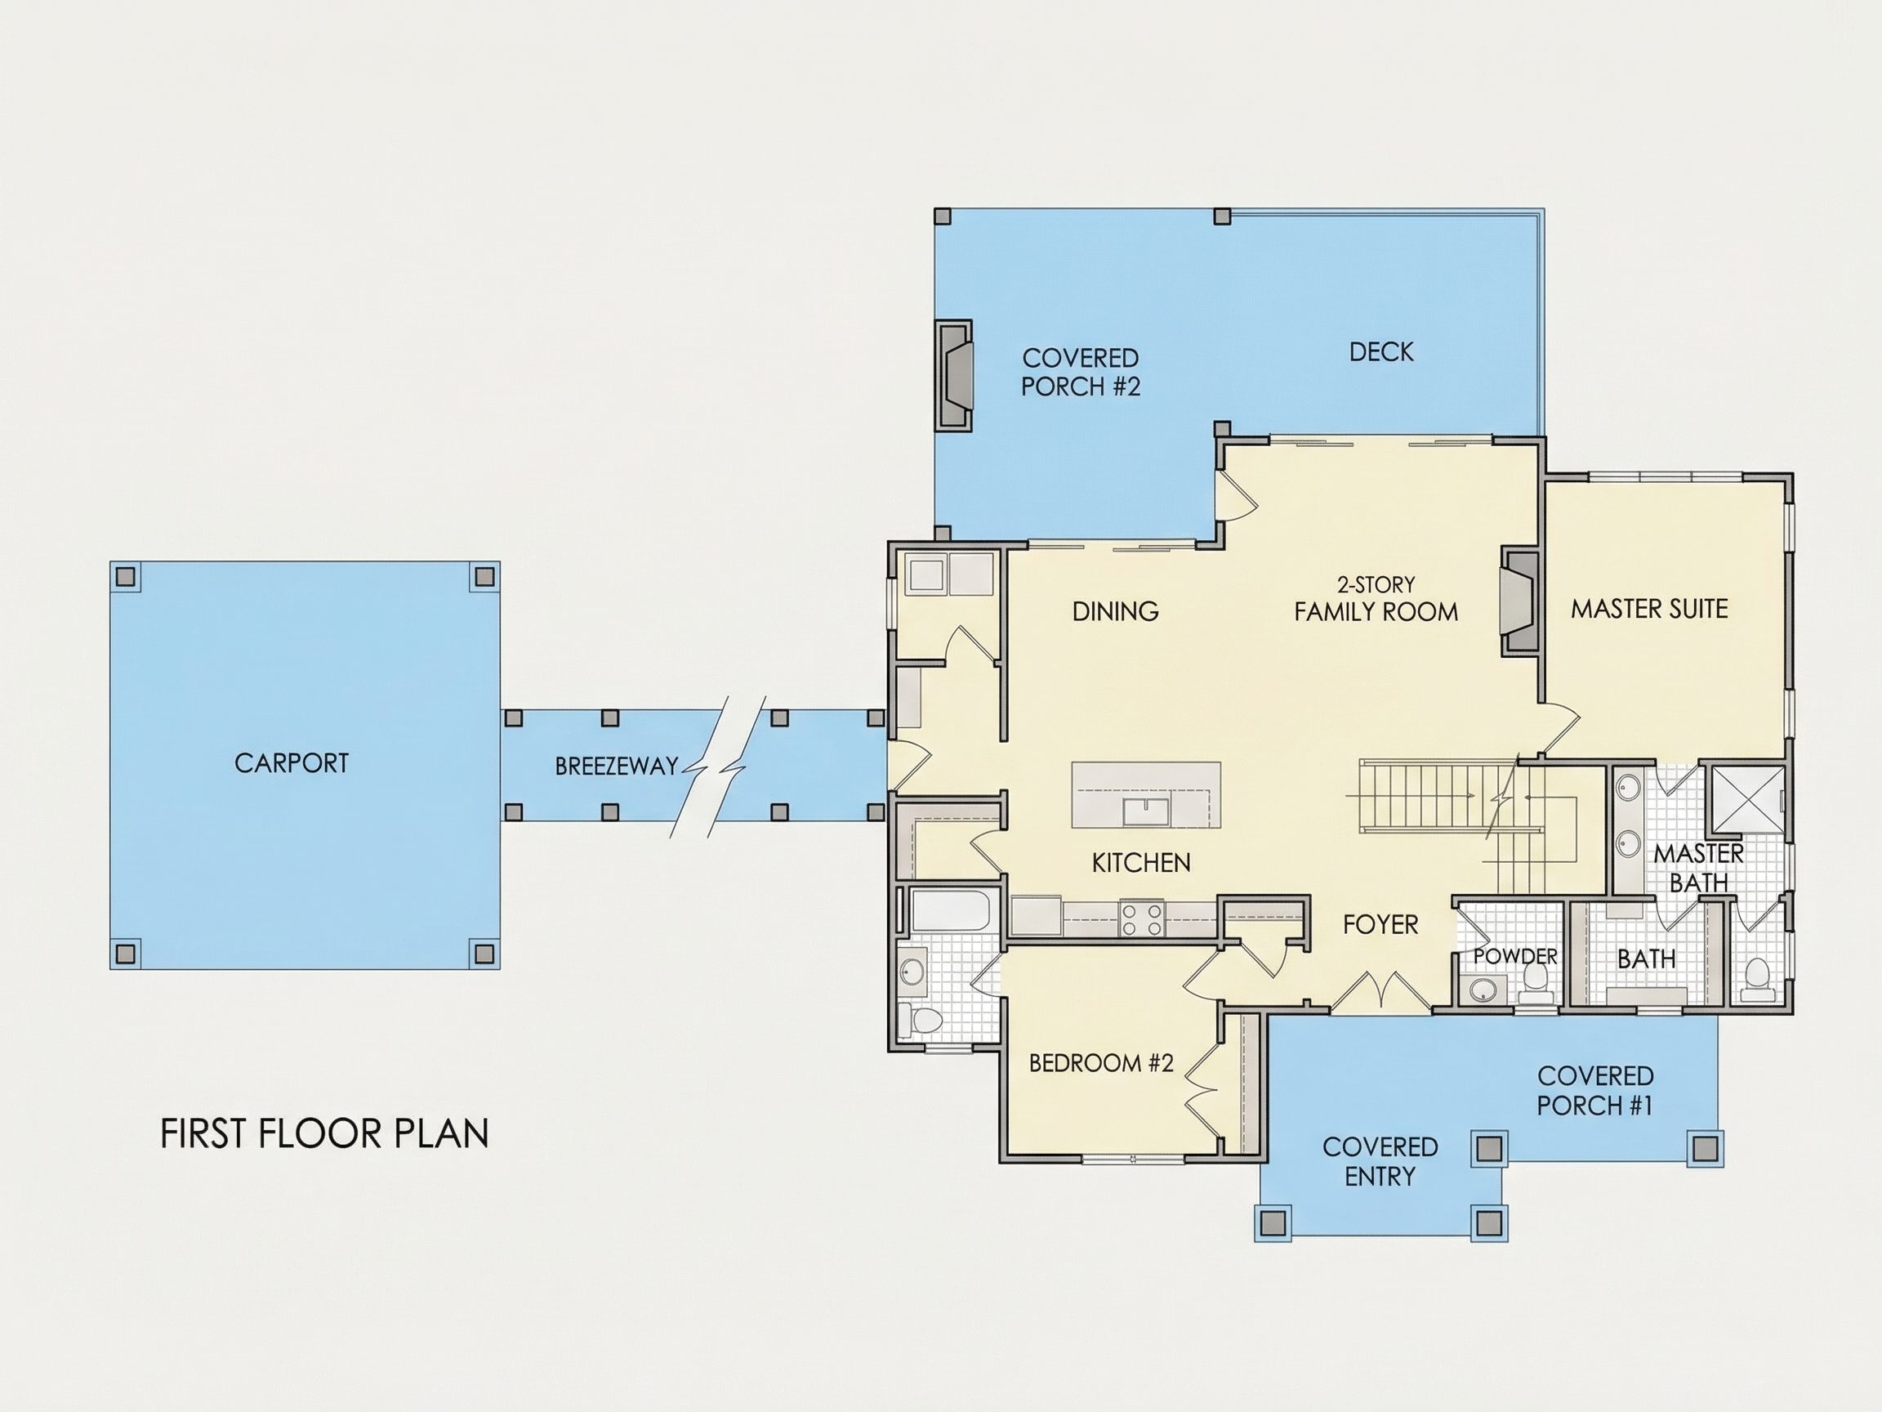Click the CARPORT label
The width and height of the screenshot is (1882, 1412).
tap(292, 762)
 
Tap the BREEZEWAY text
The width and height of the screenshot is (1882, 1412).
tap(616, 766)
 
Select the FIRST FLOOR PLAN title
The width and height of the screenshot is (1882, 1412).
tap(324, 1133)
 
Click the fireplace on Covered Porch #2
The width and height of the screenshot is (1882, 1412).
tap(954, 375)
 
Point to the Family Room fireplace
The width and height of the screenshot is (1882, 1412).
tap(1519, 602)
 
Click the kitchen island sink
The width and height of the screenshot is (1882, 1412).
tap(1146, 811)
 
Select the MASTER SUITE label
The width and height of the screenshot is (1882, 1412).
tap(1649, 609)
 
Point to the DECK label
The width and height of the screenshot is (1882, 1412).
tap(1382, 351)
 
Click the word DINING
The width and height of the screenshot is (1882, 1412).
tap(1116, 611)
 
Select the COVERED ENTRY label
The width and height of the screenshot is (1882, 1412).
tap(1380, 1161)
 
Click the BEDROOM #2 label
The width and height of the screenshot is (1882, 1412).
tap(1101, 1063)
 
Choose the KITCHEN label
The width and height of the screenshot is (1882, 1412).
tap(1141, 863)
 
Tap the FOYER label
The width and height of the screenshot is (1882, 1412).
tap(1381, 924)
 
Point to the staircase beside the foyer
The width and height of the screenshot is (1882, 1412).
tap(1465, 809)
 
